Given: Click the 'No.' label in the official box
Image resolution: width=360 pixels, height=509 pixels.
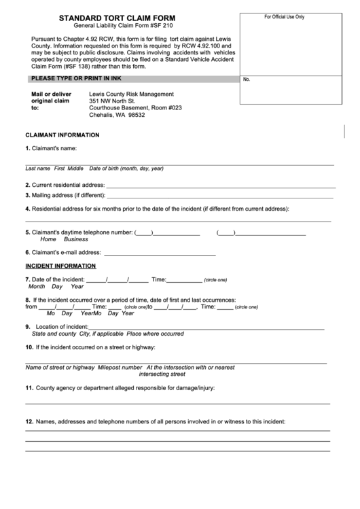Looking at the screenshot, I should (x=247, y=80).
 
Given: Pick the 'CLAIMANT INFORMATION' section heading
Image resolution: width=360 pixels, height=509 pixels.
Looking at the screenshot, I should (x=62, y=135).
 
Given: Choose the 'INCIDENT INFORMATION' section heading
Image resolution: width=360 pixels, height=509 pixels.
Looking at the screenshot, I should (x=60, y=266).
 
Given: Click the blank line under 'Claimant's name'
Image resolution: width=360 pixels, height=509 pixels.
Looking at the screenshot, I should (x=179, y=163).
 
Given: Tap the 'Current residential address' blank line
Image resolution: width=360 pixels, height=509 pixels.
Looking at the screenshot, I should (x=221, y=186).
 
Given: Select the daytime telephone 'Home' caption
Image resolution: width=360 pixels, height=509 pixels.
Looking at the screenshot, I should (x=48, y=239).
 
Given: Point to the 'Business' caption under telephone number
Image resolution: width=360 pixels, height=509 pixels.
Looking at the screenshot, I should (x=76, y=239).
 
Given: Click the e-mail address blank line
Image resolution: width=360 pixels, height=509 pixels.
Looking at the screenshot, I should (x=159, y=253).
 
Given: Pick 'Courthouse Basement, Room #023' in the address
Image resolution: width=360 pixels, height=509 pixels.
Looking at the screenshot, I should (x=136, y=108).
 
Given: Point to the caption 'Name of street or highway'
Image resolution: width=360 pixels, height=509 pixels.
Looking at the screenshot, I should (x=60, y=367).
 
